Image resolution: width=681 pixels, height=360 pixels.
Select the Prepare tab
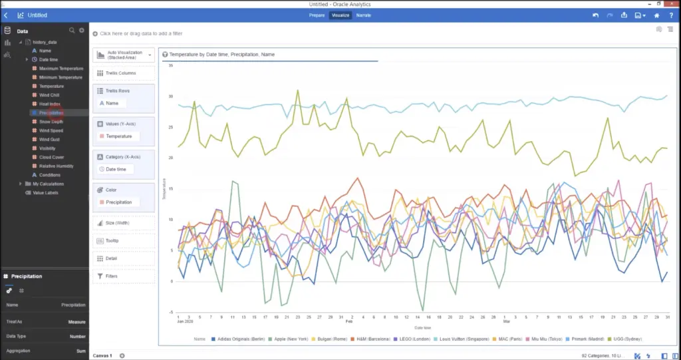(x=317, y=15)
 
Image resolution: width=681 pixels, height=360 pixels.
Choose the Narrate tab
(x=363, y=15)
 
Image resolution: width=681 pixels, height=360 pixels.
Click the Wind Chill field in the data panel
(x=49, y=95)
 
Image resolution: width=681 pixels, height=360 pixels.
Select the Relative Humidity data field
(x=56, y=166)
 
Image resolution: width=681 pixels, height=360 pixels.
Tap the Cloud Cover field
(x=51, y=157)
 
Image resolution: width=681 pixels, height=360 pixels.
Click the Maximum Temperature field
(x=61, y=69)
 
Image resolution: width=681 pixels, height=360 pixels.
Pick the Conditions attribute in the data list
(x=49, y=175)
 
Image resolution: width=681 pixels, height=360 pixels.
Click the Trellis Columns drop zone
(x=124, y=73)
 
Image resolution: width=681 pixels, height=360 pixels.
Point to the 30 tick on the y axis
(x=170, y=96)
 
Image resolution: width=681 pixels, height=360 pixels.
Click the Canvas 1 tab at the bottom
(x=102, y=355)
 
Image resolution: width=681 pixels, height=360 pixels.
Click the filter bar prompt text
(x=140, y=33)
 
